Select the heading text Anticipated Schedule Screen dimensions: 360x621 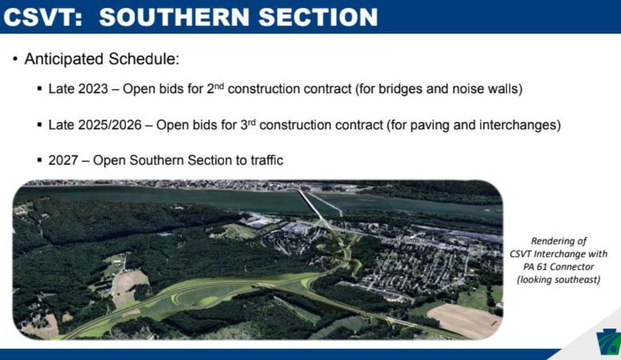(x=102, y=60)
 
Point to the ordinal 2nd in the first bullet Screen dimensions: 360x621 (x=213, y=88)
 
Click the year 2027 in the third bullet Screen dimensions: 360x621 (x=63, y=160)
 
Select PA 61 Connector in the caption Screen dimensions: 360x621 (x=558, y=268)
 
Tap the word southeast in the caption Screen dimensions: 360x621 (x=572, y=280)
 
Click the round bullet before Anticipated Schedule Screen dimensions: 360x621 (x=15, y=60)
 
